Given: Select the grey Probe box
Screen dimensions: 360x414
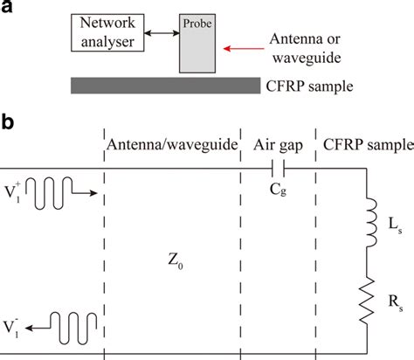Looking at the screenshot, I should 199,44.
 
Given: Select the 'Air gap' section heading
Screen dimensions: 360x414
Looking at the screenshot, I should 278,145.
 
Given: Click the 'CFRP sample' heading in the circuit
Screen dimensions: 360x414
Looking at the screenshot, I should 362,145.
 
